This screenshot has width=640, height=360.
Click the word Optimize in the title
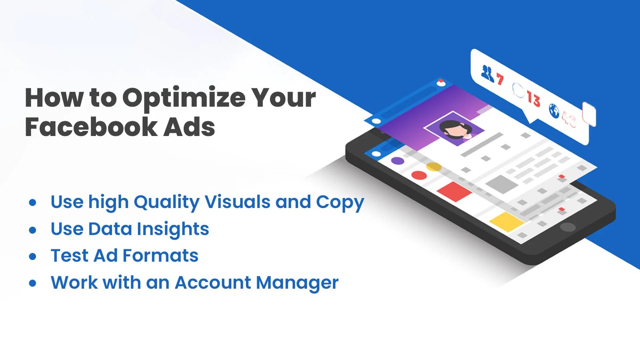pos(184,98)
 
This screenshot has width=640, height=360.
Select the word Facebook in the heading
pos(91,127)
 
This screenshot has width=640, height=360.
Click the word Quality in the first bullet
pos(166,202)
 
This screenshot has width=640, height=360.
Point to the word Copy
pos(340,202)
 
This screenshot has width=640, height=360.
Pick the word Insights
pos(173,229)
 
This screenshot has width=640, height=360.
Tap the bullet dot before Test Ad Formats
pos(33,256)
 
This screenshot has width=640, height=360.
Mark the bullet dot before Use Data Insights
pos(33,230)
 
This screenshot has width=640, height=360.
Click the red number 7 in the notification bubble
pos(500,79)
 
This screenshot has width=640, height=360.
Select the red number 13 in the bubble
pos(533,98)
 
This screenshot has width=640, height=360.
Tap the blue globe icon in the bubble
pos(554,111)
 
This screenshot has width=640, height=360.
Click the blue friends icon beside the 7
pos(488,73)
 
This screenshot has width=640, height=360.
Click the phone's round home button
pos(567,227)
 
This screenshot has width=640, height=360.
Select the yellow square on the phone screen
pos(506,222)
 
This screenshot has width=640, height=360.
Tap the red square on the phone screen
pos(454,191)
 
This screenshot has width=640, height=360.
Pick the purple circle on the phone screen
pos(398,161)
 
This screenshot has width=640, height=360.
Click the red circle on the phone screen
pos(419,175)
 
